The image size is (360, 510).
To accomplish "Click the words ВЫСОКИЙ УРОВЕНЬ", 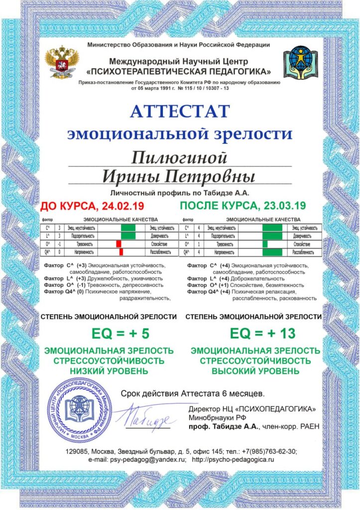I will click(256, 371).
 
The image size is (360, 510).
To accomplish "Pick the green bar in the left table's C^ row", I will click(128, 227).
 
